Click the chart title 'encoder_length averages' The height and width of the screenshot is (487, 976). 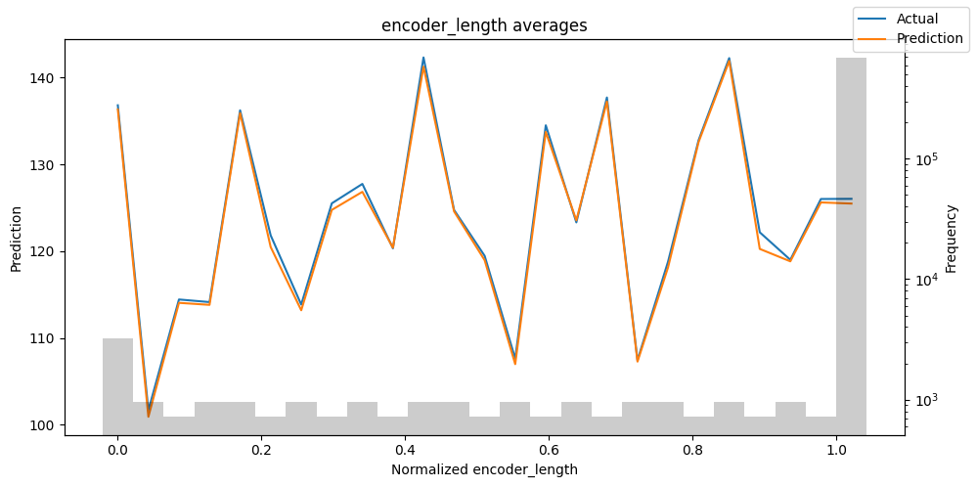pos(484,25)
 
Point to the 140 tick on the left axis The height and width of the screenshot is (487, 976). pos(46,77)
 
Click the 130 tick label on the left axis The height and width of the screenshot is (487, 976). pos(46,164)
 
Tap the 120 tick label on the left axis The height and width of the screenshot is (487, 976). pos(46,251)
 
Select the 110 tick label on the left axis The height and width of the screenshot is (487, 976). pos(46,338)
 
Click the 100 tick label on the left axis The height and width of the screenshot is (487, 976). pos(46,425)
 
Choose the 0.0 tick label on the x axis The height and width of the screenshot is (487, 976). pos(117,451)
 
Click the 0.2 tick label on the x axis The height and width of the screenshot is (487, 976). pos(261,451)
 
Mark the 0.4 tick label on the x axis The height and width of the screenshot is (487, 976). pos(405,451)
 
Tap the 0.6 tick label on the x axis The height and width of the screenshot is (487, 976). pos(549,451)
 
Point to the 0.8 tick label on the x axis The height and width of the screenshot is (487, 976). pos(692,451)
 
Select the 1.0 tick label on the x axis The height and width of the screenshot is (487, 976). pos(836,451)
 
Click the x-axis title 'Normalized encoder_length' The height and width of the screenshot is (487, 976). pos(484,469)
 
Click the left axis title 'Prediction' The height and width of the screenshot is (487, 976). pos(16,238)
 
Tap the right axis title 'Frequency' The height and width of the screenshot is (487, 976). pos(951,238)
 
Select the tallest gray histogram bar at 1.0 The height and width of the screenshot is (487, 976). pos(851,244)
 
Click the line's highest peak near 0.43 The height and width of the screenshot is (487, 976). pos(423,60)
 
